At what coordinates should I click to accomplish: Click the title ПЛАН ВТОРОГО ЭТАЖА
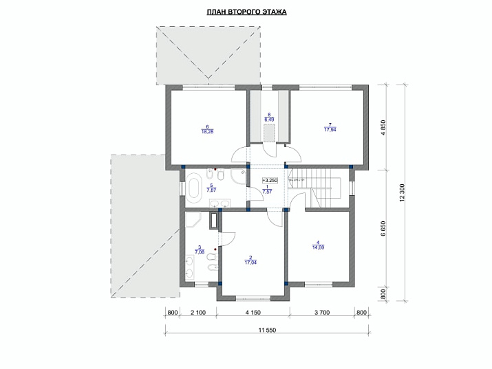click(246, 12)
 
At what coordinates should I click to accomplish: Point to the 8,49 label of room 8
click(269, 118)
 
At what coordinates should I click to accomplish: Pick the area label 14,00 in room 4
click(319, 247)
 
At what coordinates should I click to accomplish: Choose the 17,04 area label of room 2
click(250, 262)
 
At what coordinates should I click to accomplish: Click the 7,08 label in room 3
click(199, 251)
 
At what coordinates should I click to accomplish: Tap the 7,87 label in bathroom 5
click(211, 190)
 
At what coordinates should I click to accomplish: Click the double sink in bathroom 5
click(220, 203)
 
